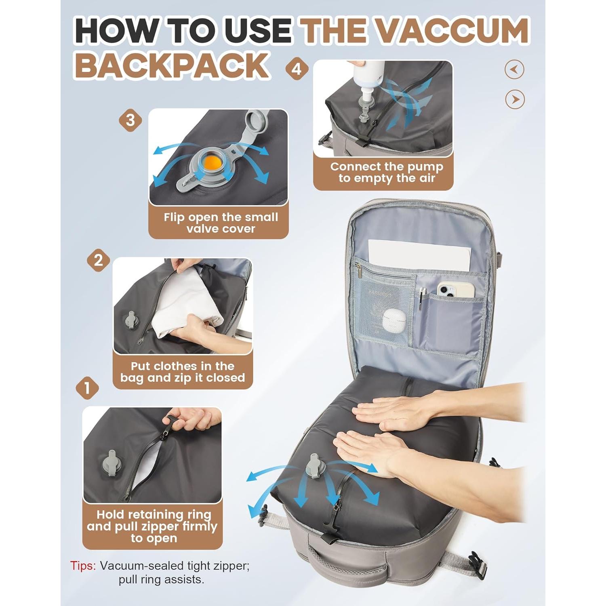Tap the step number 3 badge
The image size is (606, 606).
[x=130, y=120]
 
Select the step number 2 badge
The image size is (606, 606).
[x=99, y=260]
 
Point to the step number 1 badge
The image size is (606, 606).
[x=87, y=388]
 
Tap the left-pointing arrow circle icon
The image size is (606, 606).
[x=514, y=69]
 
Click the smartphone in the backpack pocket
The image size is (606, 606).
[x=455, y=289]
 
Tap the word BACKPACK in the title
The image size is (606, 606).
[x=172, y=65]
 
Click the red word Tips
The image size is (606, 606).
[x=83, y=566]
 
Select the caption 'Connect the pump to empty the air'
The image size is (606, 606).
[x=386, y=173]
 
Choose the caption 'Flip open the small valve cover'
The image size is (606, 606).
[x=221, y=223]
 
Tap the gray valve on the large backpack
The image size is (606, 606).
[x=314, y=465]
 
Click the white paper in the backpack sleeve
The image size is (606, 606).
[x=420, y=253]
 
